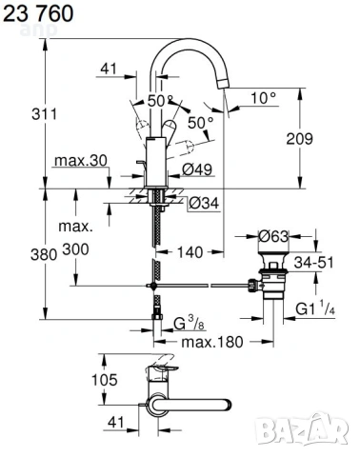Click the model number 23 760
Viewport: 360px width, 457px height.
(38, 13)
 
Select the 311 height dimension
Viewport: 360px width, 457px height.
(44, 114)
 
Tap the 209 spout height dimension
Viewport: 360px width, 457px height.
(299, 139)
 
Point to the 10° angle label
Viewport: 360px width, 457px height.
(264, 98)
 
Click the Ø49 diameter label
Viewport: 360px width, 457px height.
(197, 169)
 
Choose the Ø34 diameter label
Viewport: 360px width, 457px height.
(204, 203)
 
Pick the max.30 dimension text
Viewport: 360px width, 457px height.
(81, 161)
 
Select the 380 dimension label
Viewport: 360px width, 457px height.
(44, 254)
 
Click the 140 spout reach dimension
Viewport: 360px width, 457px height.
(190, 252)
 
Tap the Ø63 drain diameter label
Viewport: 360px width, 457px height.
(273, 236)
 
